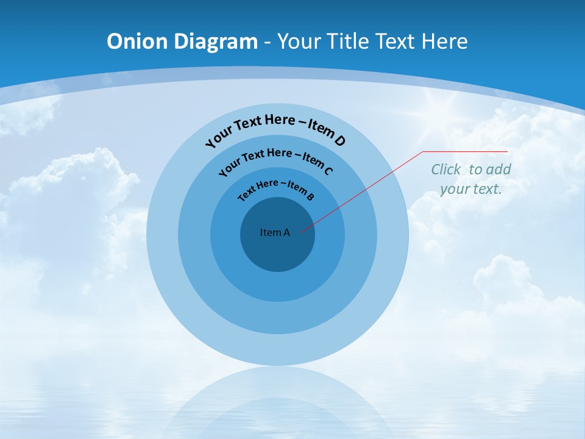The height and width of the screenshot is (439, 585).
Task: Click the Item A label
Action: [275, 232]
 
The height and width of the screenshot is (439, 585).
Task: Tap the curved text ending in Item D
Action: [275, 128]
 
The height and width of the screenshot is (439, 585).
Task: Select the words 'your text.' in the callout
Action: [471, 189]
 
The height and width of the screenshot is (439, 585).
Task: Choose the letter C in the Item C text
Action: [328, 171]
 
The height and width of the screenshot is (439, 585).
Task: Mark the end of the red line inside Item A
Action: [300, 232]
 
